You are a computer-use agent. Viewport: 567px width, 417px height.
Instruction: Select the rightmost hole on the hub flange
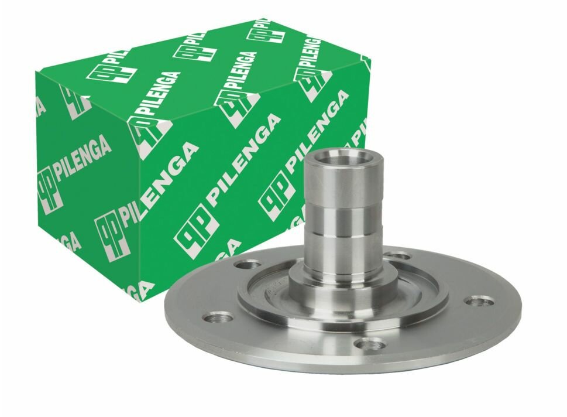pyautogui.click(x=479, y=301)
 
